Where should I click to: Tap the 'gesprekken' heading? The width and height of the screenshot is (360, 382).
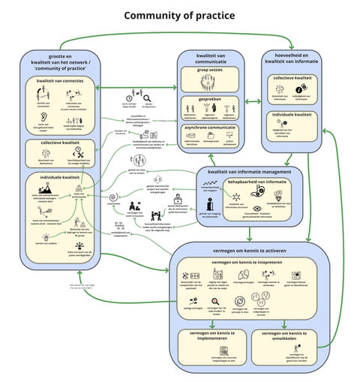[210, 97]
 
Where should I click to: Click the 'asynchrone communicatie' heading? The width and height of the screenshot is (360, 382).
[210, 127]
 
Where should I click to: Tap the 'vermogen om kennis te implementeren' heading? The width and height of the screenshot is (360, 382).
[208, 334]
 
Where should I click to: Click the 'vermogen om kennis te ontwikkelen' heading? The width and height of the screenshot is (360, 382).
[288, 334]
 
